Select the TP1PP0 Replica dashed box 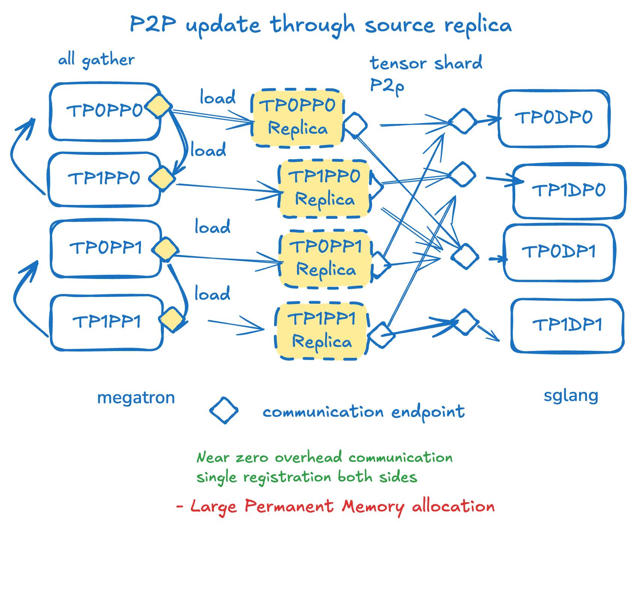click(x=324, y=188)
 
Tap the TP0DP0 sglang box click(x=553, y=118)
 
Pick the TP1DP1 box click(x=567, y=325)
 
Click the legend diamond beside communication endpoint click(x=224, y=410)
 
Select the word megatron click(x=136, y=398)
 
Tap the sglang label click(x=571, y=396)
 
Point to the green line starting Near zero click(x=324, y=457)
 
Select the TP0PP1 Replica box click(x=325, y=259)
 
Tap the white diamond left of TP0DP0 click(x=463, y=121)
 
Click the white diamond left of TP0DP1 click(x=465, y=256)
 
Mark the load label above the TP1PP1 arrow click(x=212, y=294)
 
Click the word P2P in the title click(x=153, y=25)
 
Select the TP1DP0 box click(x=568, y=191)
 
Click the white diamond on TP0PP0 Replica click(x=355, y=125)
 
